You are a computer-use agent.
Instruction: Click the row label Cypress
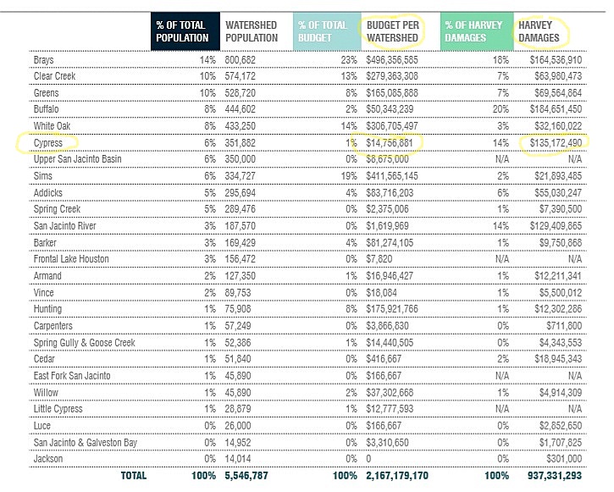pos(49,143)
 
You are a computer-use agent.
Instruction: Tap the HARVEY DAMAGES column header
pos(543,31)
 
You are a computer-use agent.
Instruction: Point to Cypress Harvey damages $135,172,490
pos(551,143)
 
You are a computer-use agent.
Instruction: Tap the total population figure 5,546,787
pos(249,475)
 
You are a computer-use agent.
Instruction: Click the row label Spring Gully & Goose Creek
pos(84,343)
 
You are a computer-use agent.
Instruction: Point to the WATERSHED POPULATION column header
pos(252,31)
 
